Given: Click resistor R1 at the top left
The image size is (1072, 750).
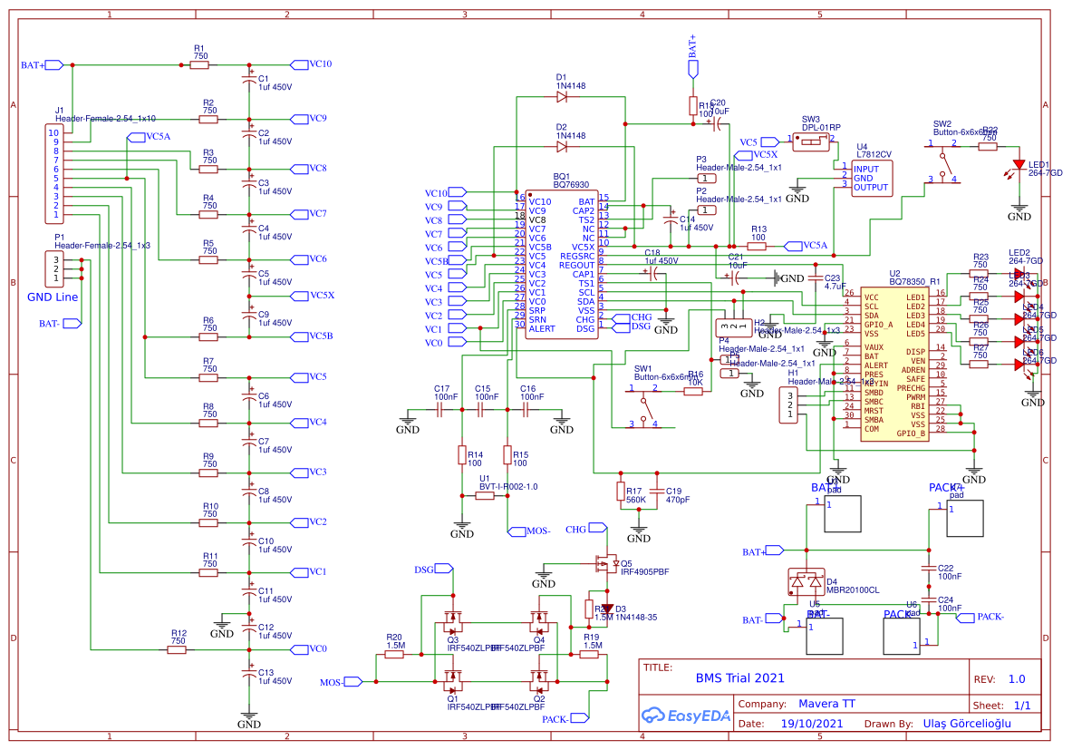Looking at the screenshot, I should (x=199, y=64).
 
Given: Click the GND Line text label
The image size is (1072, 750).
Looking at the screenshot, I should (x=53, y=297).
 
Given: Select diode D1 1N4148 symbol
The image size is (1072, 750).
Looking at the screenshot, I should (x=562, y=95).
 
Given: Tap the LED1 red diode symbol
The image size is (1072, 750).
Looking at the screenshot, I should (x=1019, y=164).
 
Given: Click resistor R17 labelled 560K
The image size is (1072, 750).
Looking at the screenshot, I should (x=620, y=493).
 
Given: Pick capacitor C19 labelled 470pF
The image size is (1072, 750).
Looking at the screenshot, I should (x=655, y=493).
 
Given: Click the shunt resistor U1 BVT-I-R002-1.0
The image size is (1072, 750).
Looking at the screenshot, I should (x=485, y=495).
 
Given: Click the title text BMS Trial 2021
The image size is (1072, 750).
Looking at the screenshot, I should (x=739, y=677).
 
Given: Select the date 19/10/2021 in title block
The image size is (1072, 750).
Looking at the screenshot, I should (x=812, y=724).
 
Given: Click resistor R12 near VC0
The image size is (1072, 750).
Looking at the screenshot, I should (x=178, y=649).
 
